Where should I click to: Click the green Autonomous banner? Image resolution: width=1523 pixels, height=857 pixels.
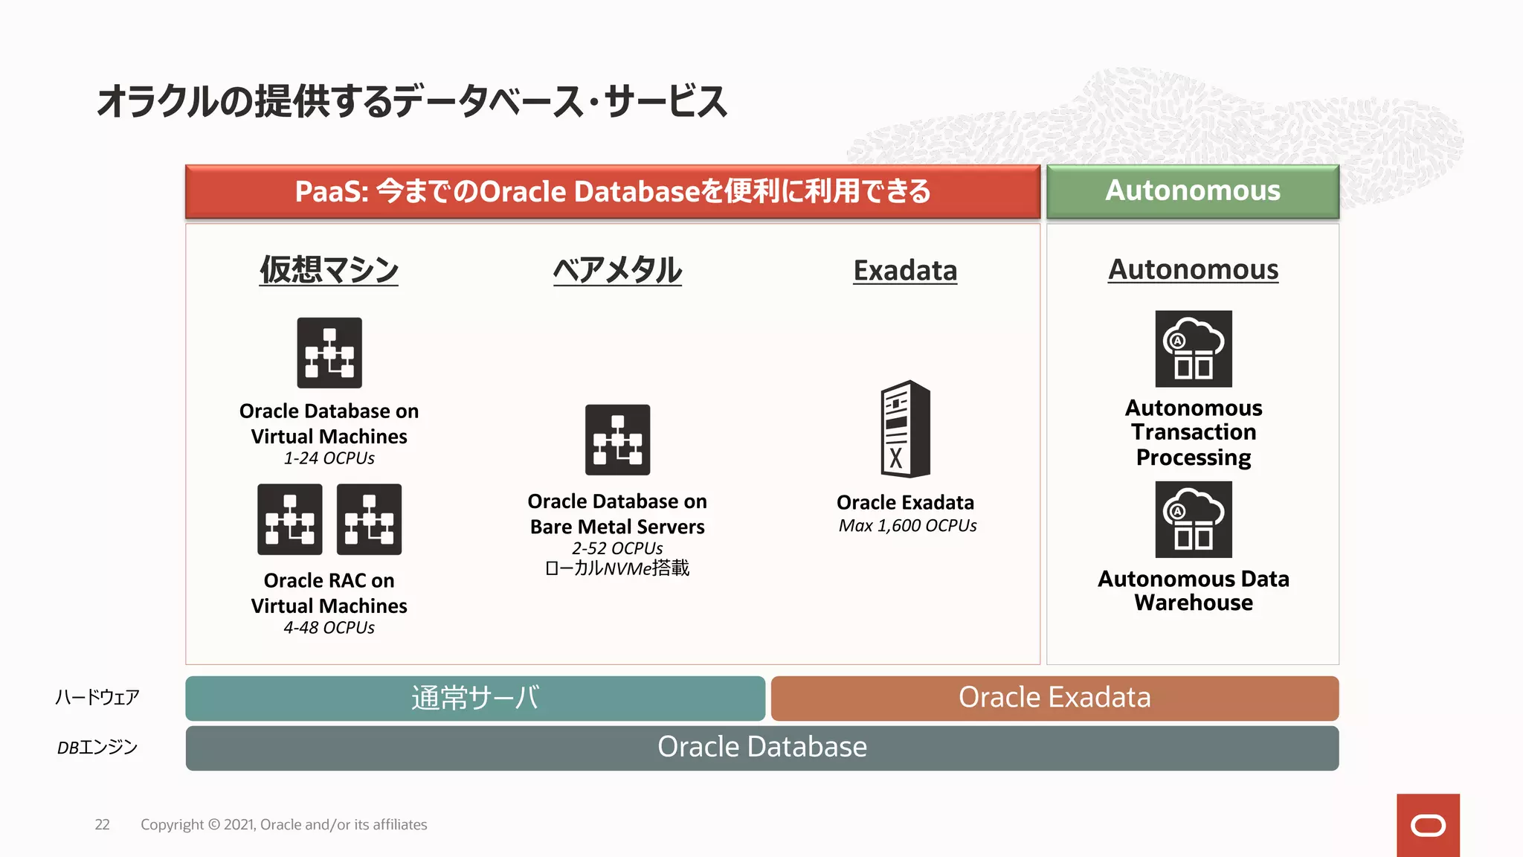1192,191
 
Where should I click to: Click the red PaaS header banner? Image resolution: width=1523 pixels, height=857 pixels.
612,191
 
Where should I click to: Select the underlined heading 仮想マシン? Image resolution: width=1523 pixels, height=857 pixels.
329,269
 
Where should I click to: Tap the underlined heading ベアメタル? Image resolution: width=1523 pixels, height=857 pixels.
617,269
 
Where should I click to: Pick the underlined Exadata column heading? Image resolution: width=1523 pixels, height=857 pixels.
905,270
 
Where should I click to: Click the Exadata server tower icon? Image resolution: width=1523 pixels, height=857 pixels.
905,428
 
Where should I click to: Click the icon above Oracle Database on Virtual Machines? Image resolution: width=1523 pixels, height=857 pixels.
329,353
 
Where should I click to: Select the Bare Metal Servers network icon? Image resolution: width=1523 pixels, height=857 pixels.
617,440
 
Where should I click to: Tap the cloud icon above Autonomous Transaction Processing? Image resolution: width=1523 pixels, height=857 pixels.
1193,348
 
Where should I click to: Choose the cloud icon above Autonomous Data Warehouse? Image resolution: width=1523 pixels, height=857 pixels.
1193,519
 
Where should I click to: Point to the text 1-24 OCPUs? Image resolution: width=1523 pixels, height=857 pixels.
329,458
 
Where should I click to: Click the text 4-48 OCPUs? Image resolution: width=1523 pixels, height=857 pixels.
329,628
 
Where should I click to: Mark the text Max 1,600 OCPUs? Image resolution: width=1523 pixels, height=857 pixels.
907,526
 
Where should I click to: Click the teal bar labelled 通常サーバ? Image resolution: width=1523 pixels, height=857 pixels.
475,698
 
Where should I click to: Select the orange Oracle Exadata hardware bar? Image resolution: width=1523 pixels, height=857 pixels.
1054,698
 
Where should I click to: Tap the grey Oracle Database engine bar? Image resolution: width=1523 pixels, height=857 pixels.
761,748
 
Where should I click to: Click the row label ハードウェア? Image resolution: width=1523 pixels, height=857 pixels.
97,697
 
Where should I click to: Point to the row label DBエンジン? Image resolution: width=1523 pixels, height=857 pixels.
97,747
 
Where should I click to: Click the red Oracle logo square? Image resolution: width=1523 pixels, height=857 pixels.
1427,825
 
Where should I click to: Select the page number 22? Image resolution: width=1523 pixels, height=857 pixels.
102,824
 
